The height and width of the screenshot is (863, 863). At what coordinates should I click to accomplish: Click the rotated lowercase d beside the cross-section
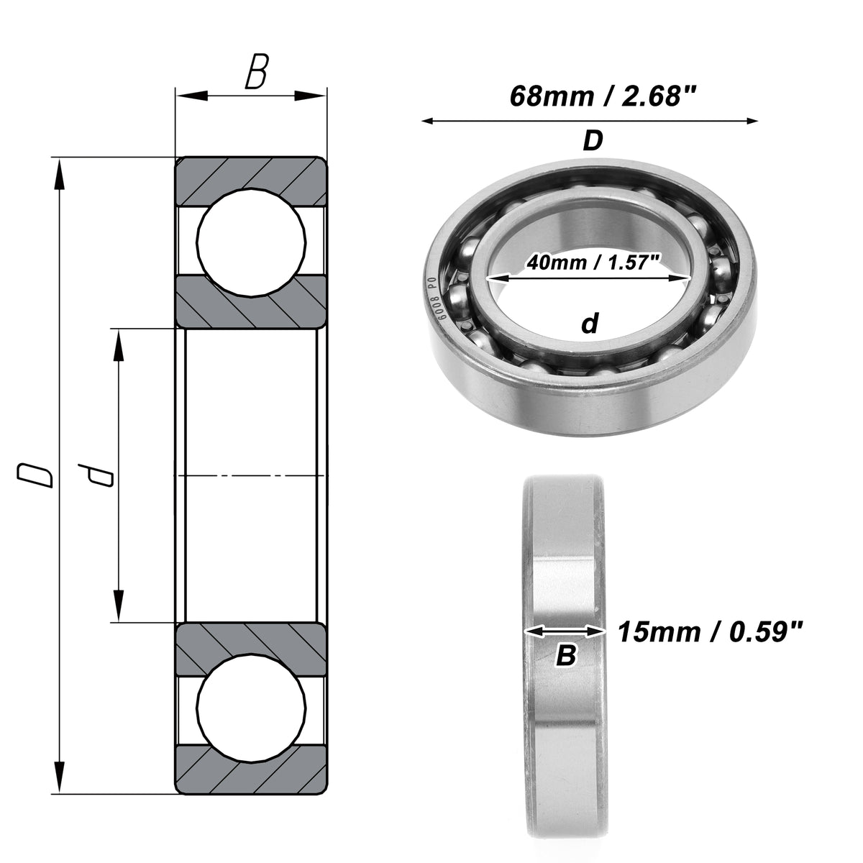click(95, 475)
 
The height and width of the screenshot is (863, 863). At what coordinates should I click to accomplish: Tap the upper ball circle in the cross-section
click(252, 242)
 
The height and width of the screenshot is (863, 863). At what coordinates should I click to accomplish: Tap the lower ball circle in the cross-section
click(252, 707)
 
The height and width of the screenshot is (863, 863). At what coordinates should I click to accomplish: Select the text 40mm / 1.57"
click(594, 262)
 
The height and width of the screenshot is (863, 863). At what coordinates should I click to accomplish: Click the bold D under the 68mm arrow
click(593, 141)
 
